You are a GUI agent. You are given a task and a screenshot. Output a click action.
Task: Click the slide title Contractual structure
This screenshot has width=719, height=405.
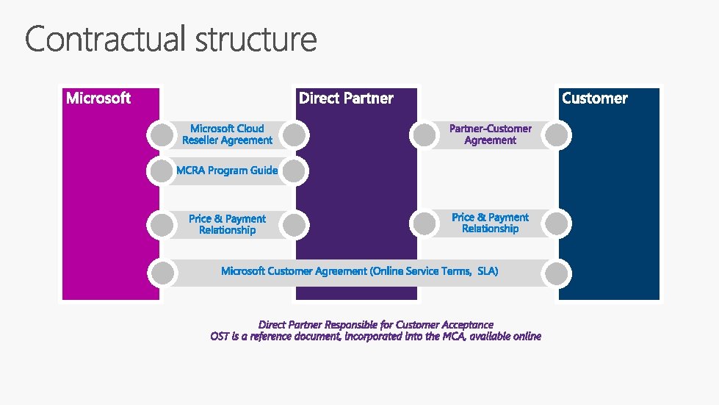click(171, 40)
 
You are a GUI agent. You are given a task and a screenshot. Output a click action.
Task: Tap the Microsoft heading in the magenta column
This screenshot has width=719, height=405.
click(98, 98)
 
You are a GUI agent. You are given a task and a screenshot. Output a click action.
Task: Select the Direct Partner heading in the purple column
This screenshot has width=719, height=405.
click(346, 98)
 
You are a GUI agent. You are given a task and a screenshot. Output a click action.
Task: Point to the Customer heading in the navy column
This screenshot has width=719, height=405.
click(595, 98)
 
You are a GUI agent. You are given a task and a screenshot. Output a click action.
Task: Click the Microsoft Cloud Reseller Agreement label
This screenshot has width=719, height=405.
click(227, 135)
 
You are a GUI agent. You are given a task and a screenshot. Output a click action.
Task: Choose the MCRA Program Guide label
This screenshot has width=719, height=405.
click(227, 171)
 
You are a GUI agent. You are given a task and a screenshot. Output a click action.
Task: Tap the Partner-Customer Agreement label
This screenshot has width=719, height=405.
click(491, 135)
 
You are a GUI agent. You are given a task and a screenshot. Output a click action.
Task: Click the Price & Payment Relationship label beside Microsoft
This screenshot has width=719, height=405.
click(227, 224)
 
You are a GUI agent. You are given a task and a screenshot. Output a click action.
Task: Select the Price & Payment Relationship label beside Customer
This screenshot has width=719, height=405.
click(491, 223)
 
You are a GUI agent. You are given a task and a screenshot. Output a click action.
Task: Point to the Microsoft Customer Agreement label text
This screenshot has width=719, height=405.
click(360, 271)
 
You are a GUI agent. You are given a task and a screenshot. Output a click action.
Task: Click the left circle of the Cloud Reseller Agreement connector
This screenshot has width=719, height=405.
click(161, 135)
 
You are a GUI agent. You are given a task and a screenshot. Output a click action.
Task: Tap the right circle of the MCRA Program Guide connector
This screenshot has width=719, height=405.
click(294, 171)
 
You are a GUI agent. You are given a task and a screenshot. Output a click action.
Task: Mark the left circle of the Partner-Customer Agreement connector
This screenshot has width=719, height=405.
click(424, 135)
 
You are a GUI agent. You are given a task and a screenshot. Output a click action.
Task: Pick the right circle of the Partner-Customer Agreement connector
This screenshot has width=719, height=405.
click(557, 135)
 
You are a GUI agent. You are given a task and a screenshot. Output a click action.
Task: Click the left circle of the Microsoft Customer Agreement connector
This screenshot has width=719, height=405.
click(162, 273)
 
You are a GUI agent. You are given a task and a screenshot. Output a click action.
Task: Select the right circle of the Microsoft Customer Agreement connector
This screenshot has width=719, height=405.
click(557, 273)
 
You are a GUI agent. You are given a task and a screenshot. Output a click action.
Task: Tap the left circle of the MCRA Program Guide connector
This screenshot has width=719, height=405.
click(161, 171)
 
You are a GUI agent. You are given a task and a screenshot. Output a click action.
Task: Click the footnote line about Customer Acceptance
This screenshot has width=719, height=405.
click(376, 324)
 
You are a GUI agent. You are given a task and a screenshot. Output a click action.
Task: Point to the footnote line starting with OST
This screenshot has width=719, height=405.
click(376, 336)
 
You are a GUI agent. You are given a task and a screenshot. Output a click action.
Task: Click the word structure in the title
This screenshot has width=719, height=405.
click(256, 40)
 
